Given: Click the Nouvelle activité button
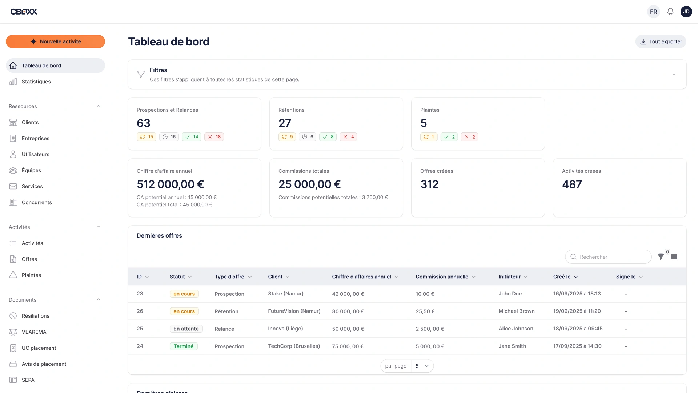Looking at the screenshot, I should point(55,41).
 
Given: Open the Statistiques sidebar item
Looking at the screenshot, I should point(36,82).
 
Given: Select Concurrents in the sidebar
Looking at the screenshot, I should point(37,202).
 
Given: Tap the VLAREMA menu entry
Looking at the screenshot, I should point(34,332).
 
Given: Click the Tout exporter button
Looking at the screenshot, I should point(661,41).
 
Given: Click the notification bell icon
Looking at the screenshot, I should point(670,12).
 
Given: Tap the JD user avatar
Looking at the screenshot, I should point(686,12).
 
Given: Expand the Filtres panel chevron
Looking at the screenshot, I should point(674,74).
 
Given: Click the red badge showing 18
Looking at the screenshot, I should point(214,137).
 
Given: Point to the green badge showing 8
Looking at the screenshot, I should point(328,137).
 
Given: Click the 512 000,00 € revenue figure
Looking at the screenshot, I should point(170,184).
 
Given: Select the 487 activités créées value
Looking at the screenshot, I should point(572,184).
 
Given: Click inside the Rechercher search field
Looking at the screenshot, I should point(611,257).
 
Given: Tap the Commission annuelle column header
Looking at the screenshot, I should point(442,277).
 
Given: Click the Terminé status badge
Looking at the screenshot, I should point(184,346).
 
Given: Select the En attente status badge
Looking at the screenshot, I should point(186,329).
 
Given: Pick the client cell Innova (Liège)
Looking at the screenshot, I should point(285,329).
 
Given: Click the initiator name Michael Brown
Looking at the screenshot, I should point(516,311).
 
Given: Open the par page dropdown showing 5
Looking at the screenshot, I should point(422,366).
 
